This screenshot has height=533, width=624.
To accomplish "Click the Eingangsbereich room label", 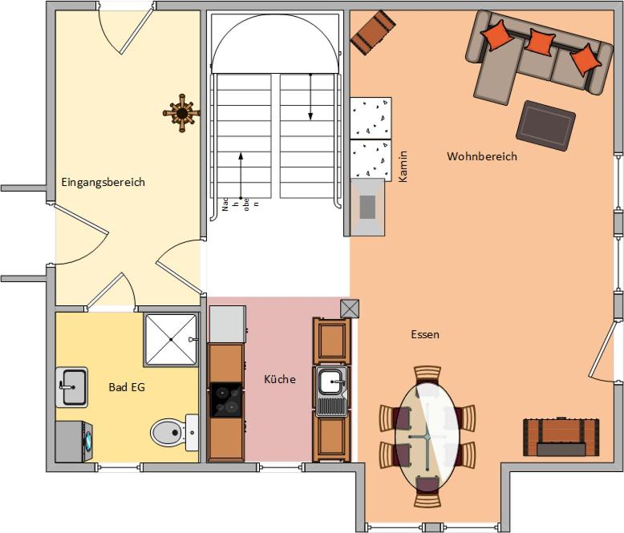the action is pyautogui.click(x=103, y=183).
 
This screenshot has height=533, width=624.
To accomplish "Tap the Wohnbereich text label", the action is pyautogui.click(x=482, y=156).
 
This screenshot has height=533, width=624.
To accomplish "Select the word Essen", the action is pyautogui.click(x=425, y=334).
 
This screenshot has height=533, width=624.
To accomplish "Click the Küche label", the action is pyautogui.click(x=280, y=379).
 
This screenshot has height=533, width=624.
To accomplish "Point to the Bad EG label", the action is pyautogui.click(x=127, y=387).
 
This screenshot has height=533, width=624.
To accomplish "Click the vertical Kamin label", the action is pyautogui.click(x=403, y=166).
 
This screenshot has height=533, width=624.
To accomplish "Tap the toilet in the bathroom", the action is pyautogui.click(x=174, y=432).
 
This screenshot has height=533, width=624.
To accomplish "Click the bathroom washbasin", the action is pyautogui.click(x=71, y=387).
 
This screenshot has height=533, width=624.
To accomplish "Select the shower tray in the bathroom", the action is pyautogui.click(x=171, y=339).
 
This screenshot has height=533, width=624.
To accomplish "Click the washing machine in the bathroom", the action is pyautogui.click(x=74, y=442).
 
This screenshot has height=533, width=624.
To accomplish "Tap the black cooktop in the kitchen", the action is pyautogui.click(x=225, y=400).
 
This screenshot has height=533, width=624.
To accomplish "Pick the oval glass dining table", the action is pyautogui.click(x=427, y=436).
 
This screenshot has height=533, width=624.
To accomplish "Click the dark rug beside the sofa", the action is pyautogui.click(x=545, y=126).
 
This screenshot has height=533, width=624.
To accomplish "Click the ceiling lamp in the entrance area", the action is pyautogui.click(x=182, y=113).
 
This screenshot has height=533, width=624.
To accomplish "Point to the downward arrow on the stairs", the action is pyautogui.click(x=310, y=96).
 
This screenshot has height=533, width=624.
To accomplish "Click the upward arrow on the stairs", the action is pyautogui.click(x=241, y=176).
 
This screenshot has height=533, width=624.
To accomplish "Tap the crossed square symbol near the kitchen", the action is pyautogui.click(x=350, y=309).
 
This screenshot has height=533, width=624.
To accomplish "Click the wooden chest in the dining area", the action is pyautogui.click(x=561, y=436).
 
